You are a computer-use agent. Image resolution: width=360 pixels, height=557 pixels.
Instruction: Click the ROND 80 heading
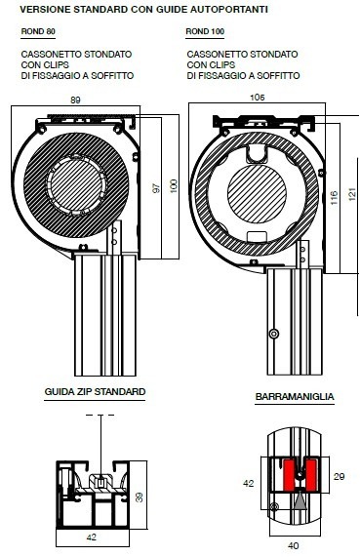pos(38,31)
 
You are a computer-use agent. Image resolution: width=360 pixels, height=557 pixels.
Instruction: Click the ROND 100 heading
pos(205,31)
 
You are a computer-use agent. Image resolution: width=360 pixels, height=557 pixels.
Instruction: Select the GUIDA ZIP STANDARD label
pos(95,392)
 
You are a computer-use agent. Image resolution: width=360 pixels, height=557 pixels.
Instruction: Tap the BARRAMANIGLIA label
pos(295,396)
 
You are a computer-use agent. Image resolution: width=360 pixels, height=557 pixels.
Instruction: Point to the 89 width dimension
pos(75,100)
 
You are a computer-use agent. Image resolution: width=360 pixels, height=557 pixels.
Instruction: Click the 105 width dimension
pos(258,98)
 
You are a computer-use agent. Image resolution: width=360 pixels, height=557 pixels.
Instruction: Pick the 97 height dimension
pos(156,188)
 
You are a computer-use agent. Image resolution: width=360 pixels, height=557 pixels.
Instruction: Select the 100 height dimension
pos(174,186)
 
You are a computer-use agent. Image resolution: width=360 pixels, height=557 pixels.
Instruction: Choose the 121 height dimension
pos(352,194)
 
